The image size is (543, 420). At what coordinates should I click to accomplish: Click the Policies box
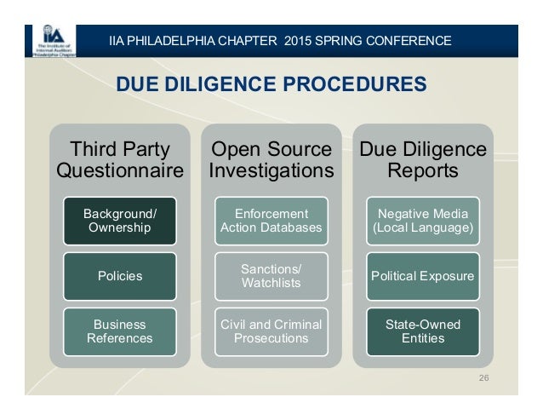[x=119, y=276]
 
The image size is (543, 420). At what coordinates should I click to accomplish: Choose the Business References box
[x=119, y=331]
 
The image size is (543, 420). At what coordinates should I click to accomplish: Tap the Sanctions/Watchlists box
[x=271, y=276]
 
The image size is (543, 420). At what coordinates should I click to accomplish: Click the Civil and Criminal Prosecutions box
[x=271, y=331]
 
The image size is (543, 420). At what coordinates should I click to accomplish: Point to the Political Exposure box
[x=422, y=276]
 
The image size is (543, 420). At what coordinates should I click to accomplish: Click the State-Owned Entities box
[x=422, y=331]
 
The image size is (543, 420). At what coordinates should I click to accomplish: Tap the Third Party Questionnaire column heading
[x=119, y=160]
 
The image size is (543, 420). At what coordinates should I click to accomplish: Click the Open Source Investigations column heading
[x=271, y=160]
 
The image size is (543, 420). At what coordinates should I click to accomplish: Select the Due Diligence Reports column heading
[x=422, y=160]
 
